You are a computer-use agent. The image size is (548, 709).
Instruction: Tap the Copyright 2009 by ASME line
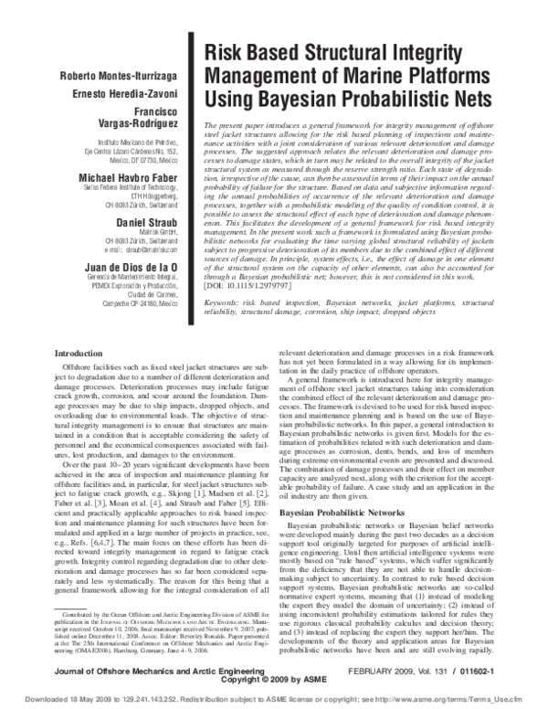[274, 681]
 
